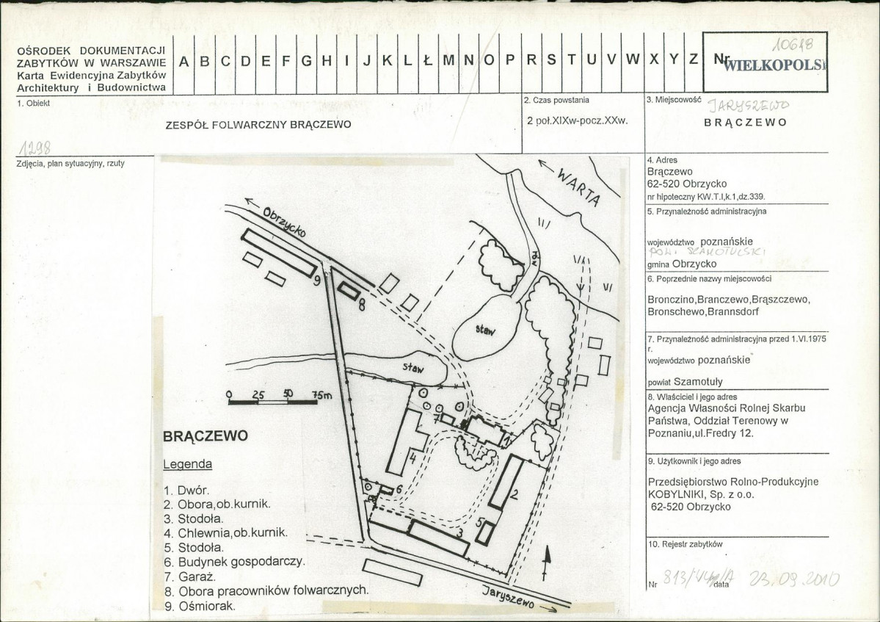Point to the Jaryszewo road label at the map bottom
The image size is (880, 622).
point(514,596)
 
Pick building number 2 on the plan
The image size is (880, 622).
point(507,482)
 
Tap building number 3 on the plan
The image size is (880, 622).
point(439,538)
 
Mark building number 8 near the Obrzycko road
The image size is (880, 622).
point(349,293)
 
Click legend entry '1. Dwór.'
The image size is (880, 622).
point(186,488)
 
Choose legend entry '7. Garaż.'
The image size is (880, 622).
point(190,576)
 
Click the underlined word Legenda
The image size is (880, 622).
point(187,464)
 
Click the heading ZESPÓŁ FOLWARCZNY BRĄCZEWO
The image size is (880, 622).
point(259,124)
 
